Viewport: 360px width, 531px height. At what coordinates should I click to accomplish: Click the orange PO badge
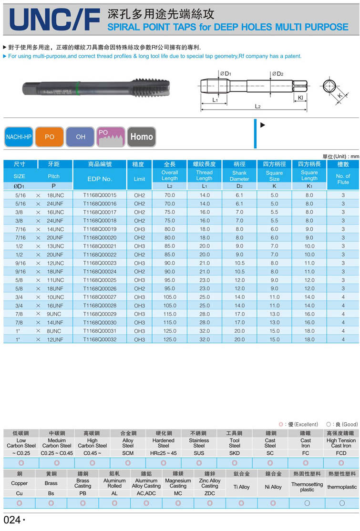pos(50,137)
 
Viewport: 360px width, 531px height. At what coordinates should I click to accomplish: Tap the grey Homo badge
pos(142,137)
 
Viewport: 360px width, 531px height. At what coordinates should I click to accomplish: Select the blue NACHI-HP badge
pos(19,137)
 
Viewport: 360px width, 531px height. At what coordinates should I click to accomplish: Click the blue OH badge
pos(81,137)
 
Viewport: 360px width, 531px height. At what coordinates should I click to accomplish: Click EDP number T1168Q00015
pos(100,195)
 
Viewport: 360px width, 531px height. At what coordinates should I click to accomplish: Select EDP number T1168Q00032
pos(100,339)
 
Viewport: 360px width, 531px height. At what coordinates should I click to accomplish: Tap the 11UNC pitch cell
pos(55,280)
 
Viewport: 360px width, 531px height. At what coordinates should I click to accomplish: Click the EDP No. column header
pos(100,179)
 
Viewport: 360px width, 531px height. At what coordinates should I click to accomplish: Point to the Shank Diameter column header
pos(239,176)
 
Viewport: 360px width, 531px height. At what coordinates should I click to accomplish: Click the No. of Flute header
pos(343,179)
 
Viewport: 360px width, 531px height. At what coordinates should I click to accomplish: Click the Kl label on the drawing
pos(300,98)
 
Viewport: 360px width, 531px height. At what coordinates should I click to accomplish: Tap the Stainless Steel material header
pos(199,443)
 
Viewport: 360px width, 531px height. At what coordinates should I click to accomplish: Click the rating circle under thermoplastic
pos(342,503)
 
